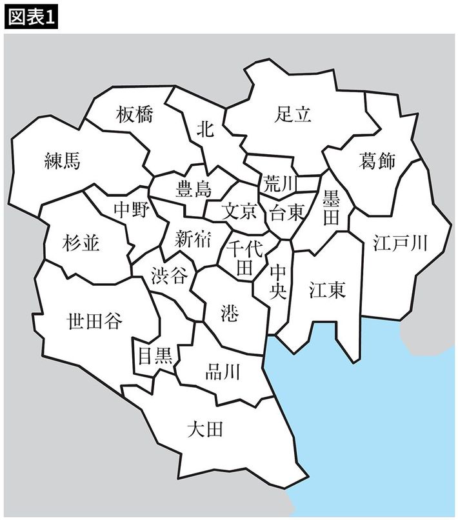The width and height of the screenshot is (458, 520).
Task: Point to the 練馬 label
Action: (63, 161)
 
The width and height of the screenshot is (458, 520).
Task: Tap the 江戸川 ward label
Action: (401, 243)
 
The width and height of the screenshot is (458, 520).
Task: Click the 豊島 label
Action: (194, 189)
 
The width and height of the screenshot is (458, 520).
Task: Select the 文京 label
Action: (239, 211)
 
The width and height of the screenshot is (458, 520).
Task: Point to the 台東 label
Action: (286, 212)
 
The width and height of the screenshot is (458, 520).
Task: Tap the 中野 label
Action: (131, 211)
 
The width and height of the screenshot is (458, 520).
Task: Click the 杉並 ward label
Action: (82, 244)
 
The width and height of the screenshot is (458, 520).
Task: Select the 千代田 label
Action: (243, 257)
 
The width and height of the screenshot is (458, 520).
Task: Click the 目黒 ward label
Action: (155, 355)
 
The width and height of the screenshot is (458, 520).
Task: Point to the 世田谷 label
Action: (95, 321)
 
